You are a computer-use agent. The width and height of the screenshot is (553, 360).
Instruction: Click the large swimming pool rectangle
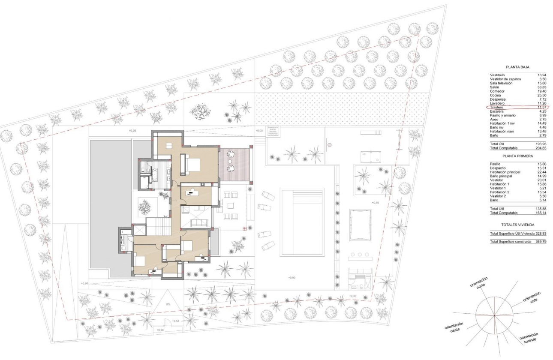(302, 222)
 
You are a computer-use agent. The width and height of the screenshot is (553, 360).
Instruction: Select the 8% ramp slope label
(168, 304)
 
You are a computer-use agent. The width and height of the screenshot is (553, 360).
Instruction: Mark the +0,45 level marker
(376, 202)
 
